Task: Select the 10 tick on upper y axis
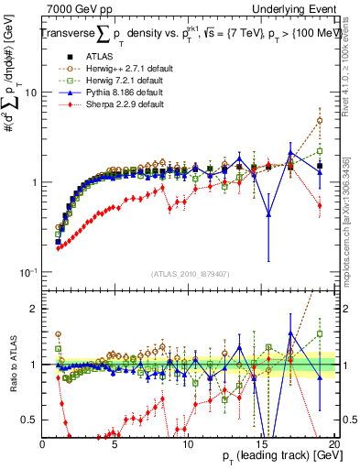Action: click(x=29, y=93)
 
